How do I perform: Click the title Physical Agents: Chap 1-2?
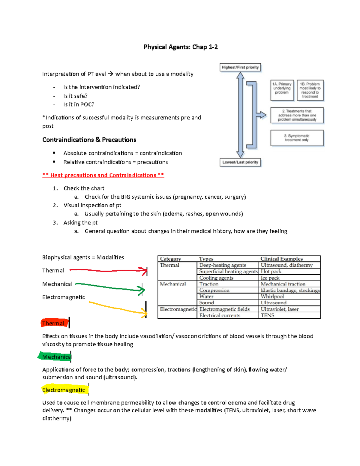coord(180,47)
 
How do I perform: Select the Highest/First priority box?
coord(240,68)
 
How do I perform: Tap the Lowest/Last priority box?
coord(240,162)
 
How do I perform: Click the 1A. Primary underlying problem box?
coord(282,90)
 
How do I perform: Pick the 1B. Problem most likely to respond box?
coord(310,90)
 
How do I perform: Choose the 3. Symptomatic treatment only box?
coord(297,138)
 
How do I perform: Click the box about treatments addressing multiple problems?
coord(297,115)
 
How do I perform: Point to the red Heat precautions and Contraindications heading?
coord(103,175)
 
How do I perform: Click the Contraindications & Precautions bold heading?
coord(89,140)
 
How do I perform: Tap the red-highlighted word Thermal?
coord(53,323)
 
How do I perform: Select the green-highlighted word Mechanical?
coord(56,357)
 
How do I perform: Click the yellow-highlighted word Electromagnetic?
coord(64,390)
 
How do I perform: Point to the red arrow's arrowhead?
coord(145,271)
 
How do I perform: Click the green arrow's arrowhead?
coord(142,290)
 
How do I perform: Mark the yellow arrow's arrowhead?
coord(145,313)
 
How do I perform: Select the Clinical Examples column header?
coord(281,259)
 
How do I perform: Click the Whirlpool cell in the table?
coord(272,296)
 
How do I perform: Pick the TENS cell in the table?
coord(267,315)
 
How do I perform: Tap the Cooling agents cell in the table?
coord(216,278)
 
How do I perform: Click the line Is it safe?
coord(75,96)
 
